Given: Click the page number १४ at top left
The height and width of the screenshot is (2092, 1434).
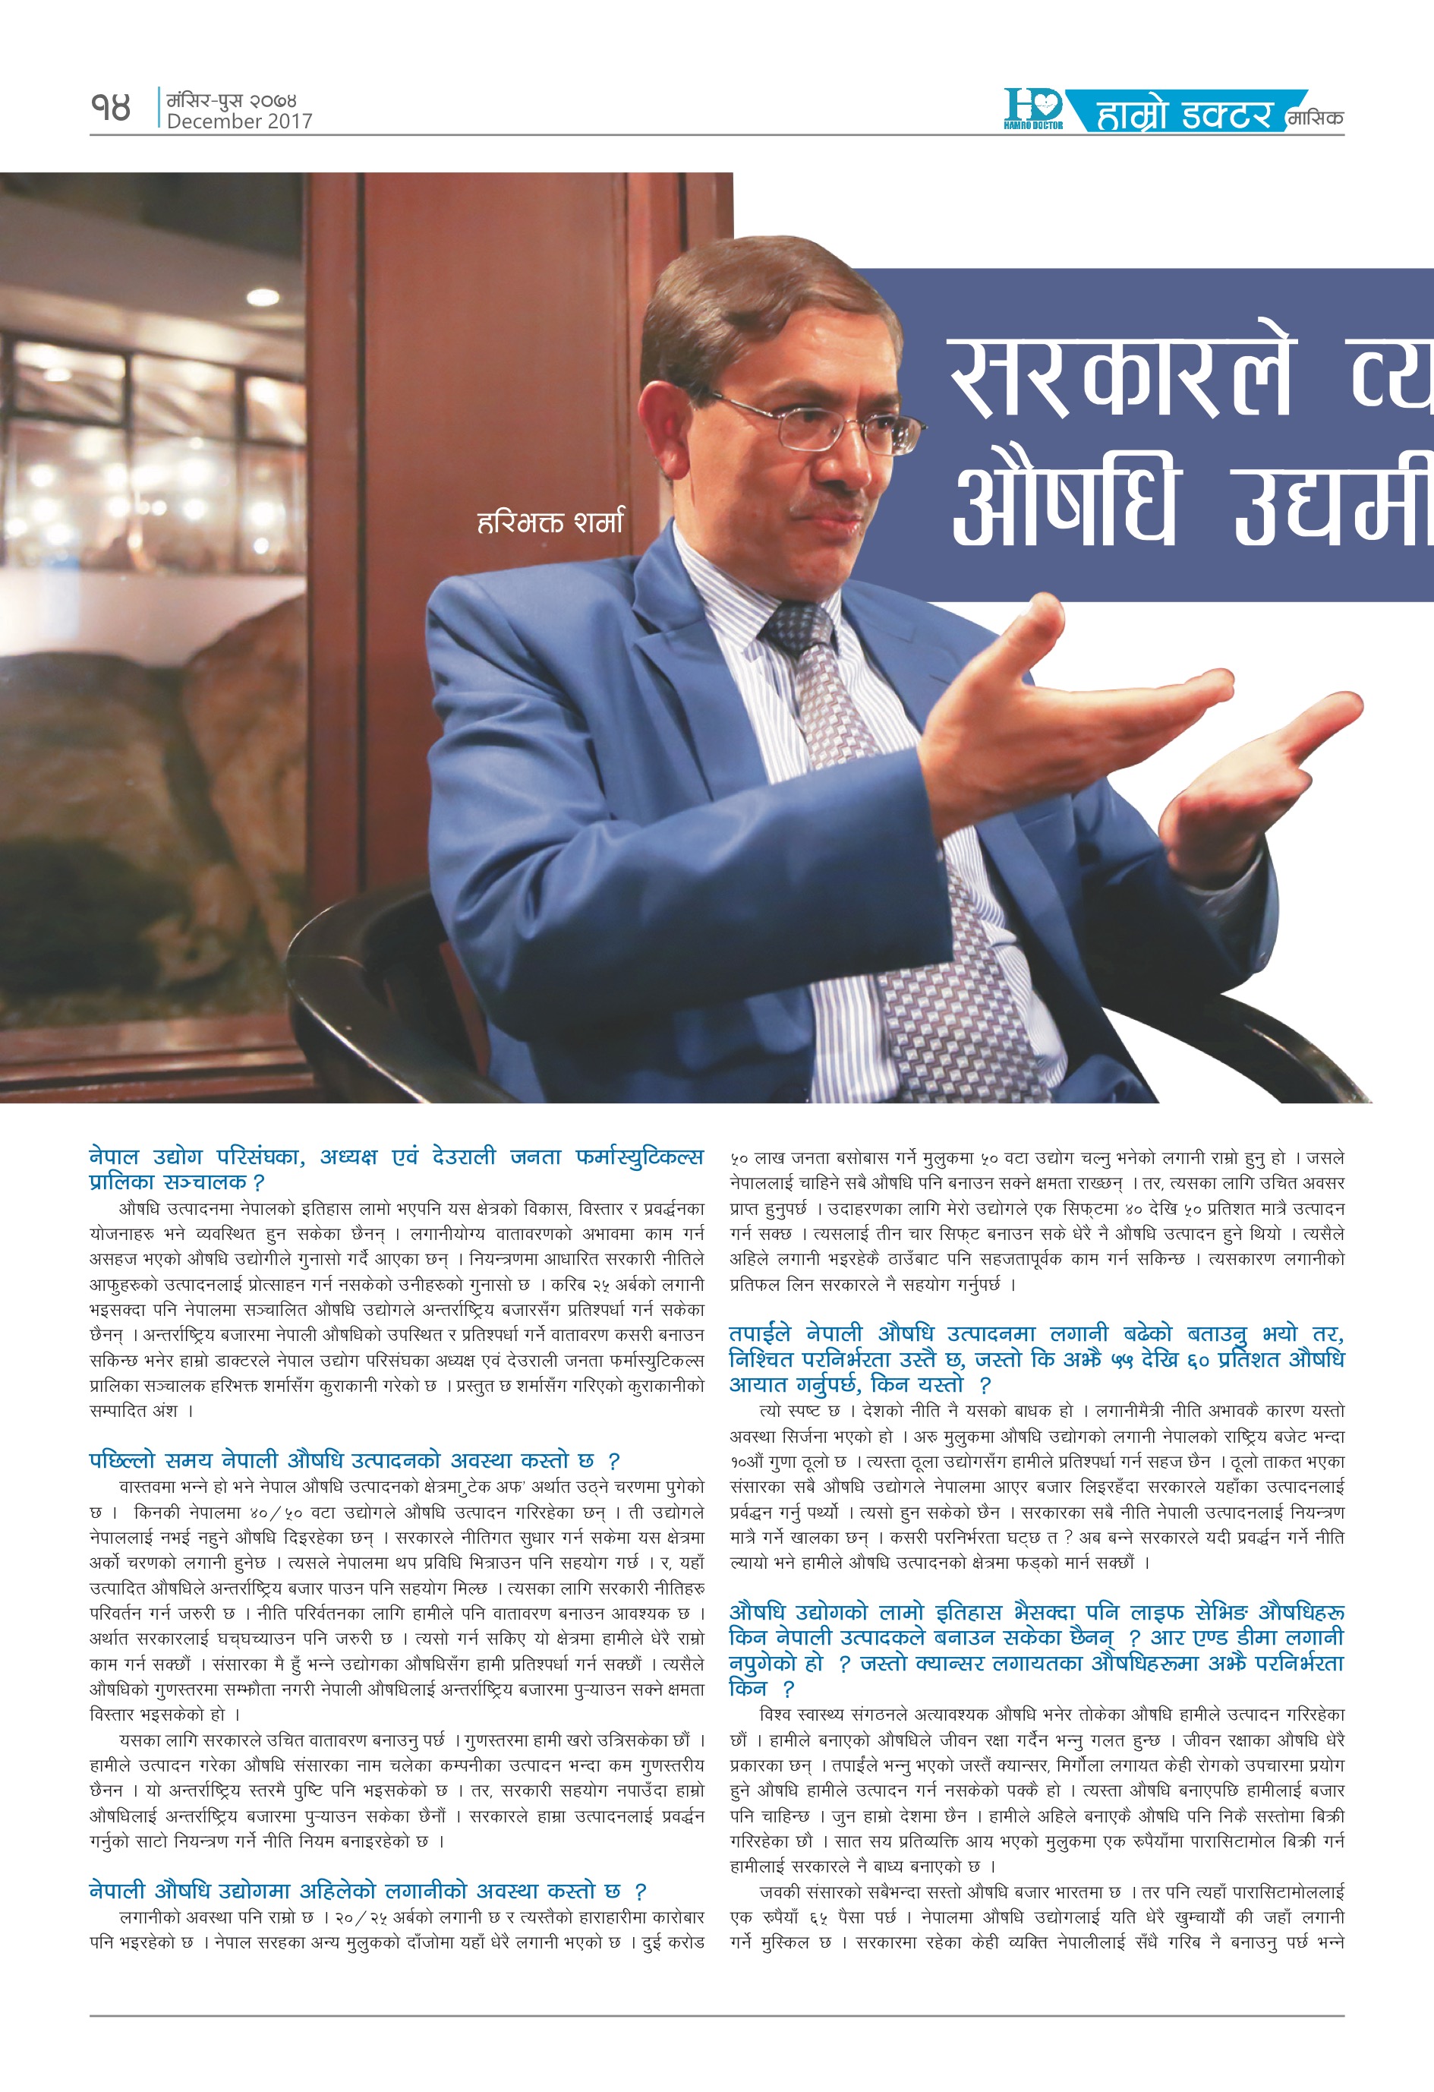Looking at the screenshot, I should coord(111,108).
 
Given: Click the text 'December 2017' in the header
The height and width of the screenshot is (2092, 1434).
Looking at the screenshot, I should coord(239,121).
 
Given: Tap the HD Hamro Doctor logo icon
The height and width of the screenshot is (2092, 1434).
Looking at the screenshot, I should coord(1033,109).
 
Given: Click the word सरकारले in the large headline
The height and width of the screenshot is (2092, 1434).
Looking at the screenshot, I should coord(1120,377).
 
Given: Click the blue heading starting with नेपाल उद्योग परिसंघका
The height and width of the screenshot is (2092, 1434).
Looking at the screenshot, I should coord(396,1169).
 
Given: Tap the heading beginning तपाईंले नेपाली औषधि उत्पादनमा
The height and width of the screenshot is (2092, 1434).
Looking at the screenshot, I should coord(1036,1358).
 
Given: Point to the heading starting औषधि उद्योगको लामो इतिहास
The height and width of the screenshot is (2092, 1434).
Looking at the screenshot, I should coord(1036,1649).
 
